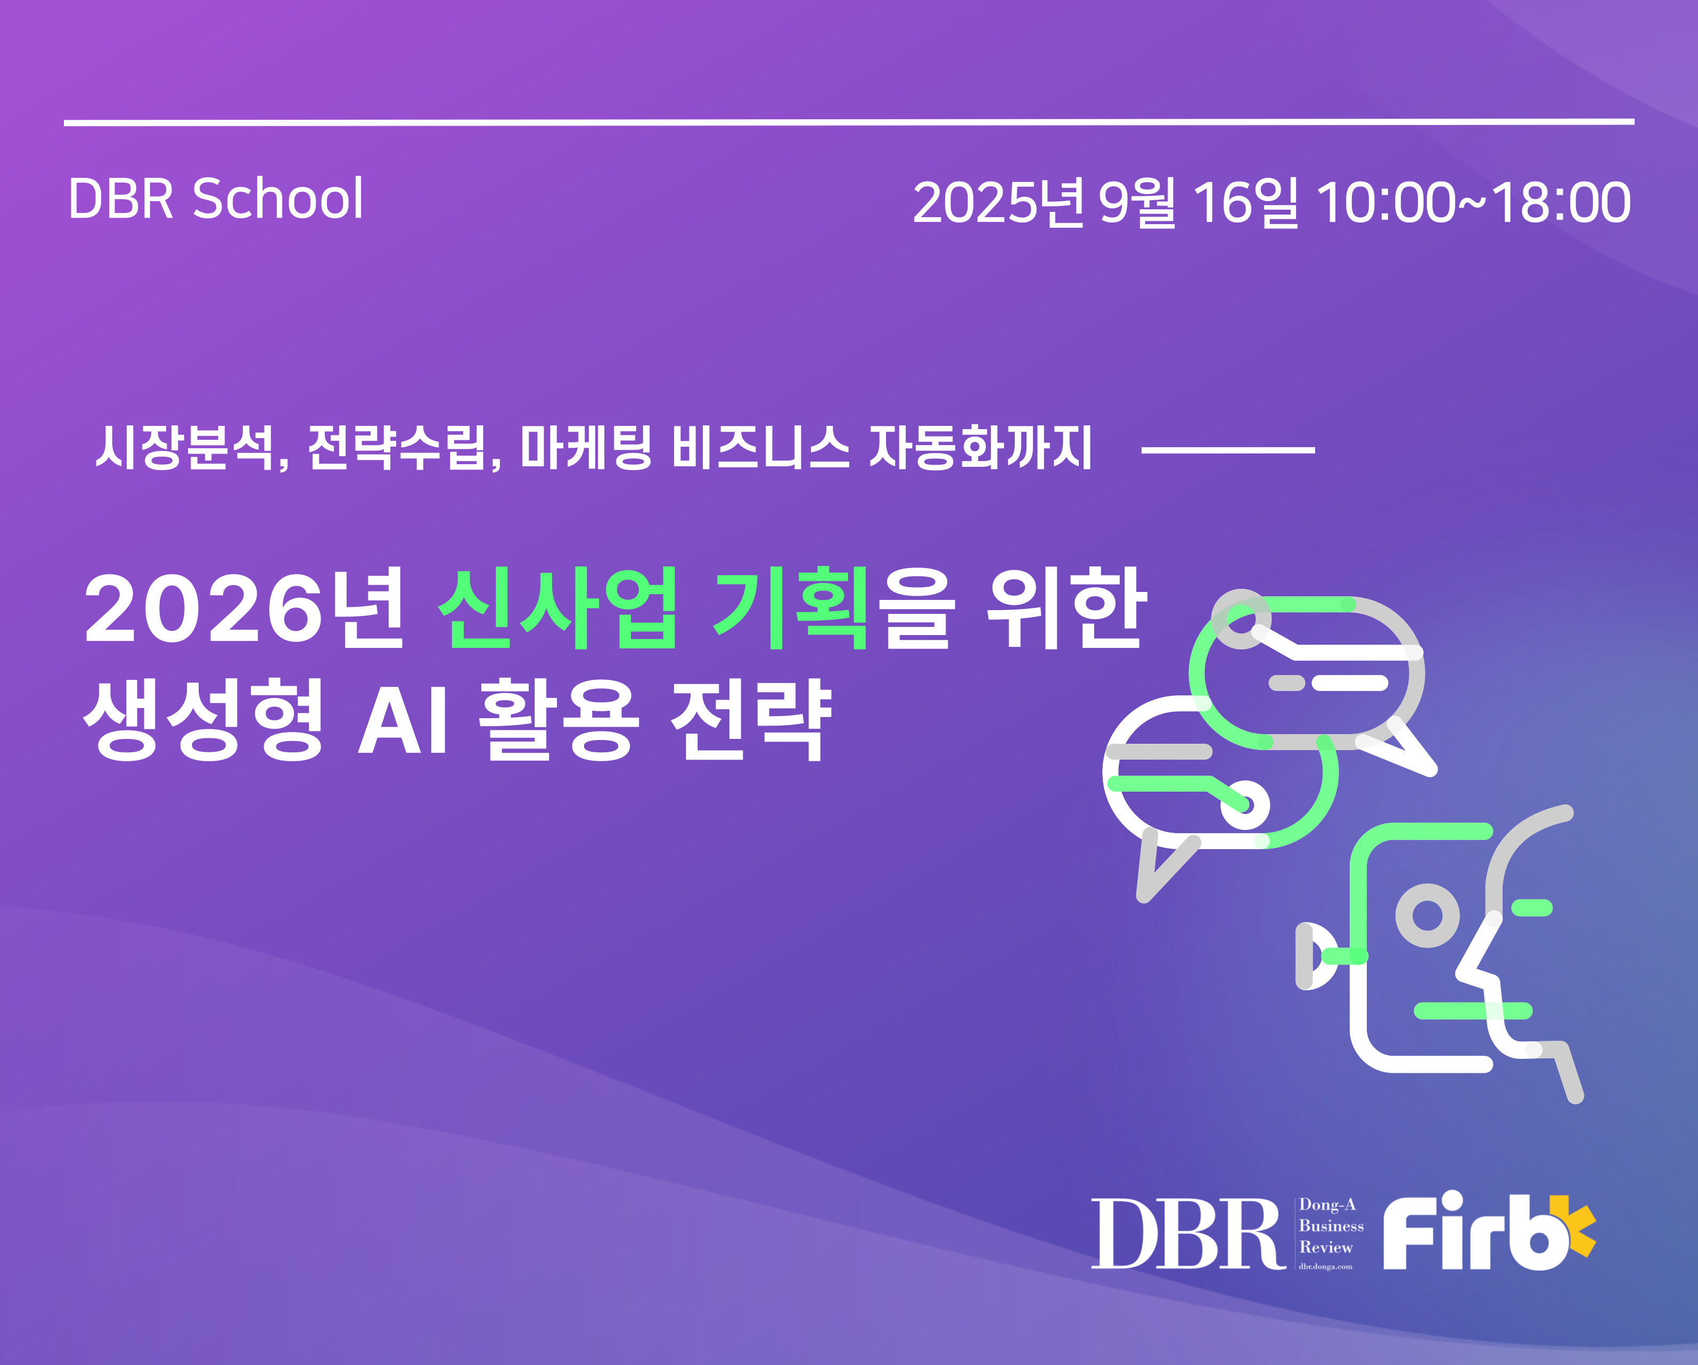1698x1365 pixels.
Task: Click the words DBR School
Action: click(x=216, y=199)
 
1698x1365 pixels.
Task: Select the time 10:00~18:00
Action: click(x=1473, y=202)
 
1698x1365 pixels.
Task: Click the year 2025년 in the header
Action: click(x=999, y=202)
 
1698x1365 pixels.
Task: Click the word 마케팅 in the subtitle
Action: click(x=587, y=447)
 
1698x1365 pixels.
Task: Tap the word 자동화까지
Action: click(x=981, y=447)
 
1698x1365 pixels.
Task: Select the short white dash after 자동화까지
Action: click(x=1228, y=450)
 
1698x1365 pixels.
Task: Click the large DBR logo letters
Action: click(x=1188, y=1234)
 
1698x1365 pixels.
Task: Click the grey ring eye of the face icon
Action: click(x=1427, y=915)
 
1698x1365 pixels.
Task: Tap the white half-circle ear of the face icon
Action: click(x=1310, y=956)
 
